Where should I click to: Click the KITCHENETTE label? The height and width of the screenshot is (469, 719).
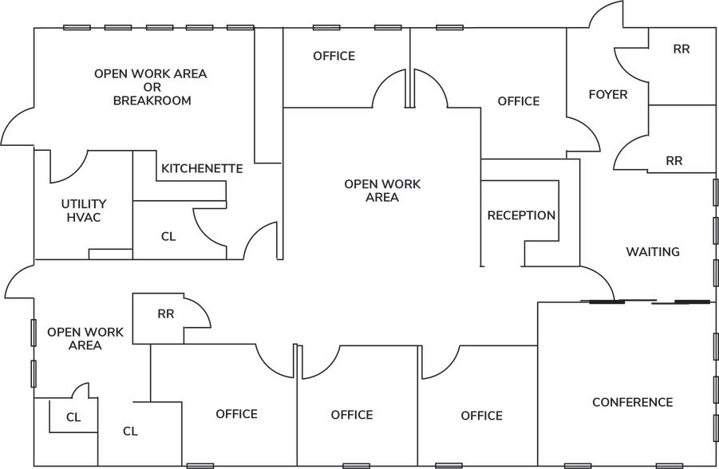[202, 168]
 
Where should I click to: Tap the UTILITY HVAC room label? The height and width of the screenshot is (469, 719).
[83, 211]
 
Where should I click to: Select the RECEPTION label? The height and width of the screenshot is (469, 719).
[521, 215]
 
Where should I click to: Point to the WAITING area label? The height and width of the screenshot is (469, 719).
[652, 252]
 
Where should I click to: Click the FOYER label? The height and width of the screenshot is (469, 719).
[607, 94]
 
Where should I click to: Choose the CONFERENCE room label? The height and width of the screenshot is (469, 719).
[632, 402]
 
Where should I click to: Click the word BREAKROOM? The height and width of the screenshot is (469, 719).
[152, 100]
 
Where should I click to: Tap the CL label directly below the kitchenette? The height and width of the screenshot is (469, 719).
[168, 237]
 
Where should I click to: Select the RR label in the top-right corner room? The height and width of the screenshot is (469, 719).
[681, 49]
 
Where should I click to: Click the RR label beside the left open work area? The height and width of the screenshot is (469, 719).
[165, 314]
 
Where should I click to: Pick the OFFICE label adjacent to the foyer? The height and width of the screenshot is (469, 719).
[518, 101]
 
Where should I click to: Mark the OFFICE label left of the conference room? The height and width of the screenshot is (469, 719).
[481, 416]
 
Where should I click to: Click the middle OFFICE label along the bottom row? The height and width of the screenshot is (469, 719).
[352, 415]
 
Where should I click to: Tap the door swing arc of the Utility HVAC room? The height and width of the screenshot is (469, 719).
[69, 167]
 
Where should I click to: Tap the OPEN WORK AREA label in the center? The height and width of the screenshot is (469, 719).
[382, 191]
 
